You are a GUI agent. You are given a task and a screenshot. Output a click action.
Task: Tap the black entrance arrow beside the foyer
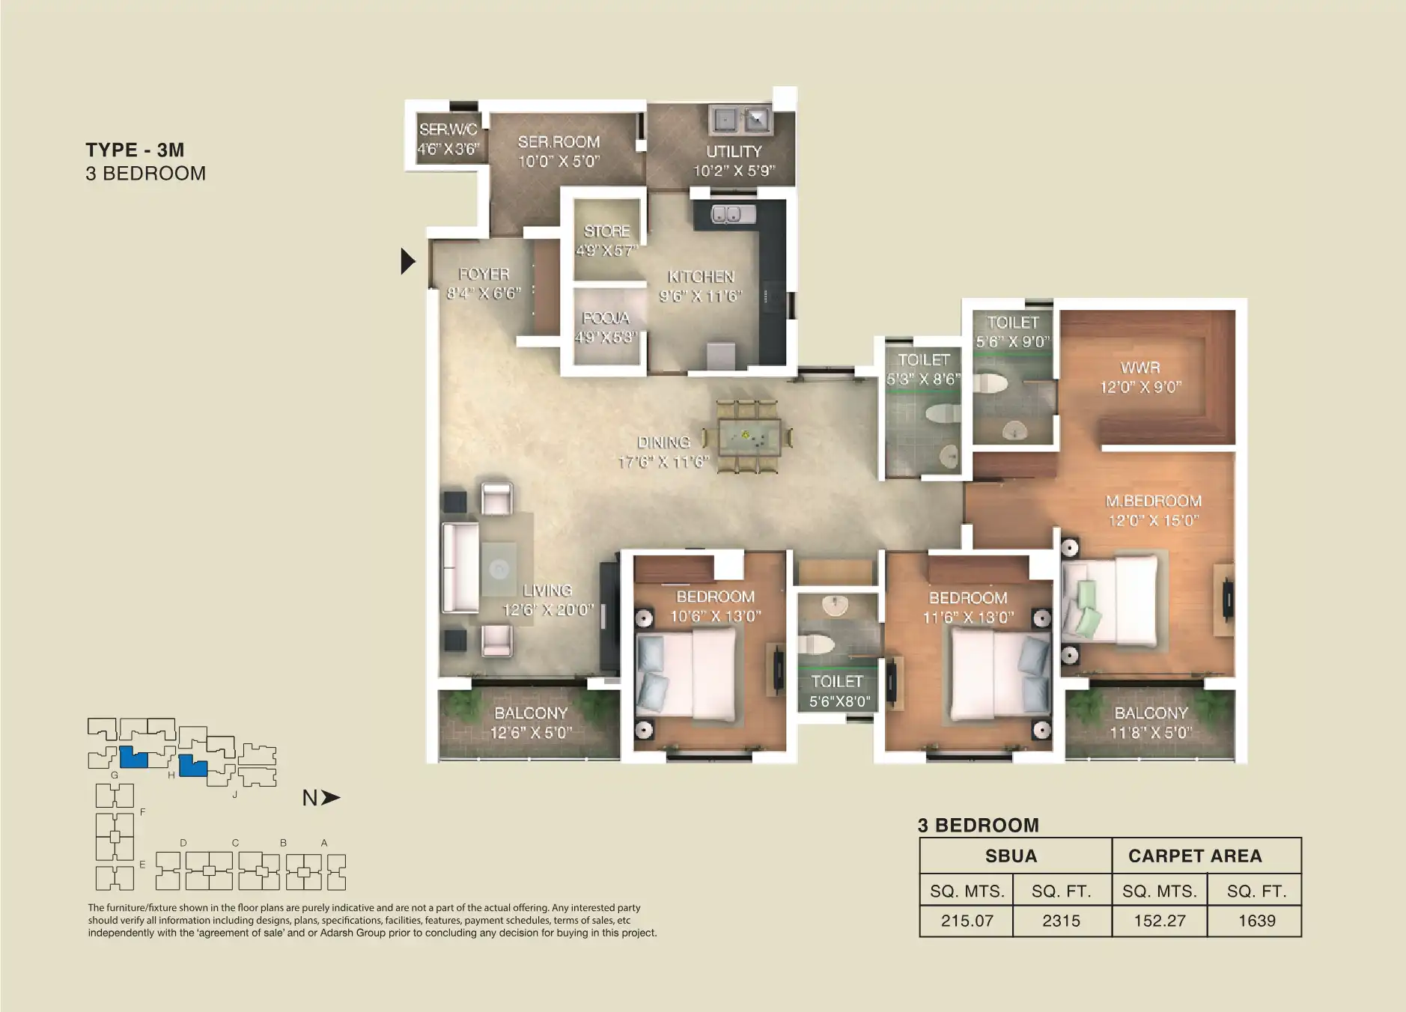pyautogui.click(x=407, y=260)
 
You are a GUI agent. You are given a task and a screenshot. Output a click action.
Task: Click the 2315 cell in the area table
pyautogui.click(x=1061, y=921)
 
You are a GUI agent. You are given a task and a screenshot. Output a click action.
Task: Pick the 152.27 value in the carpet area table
pyautogui.click(x=1159, y=921)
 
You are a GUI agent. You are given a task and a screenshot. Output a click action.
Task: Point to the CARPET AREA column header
pyautogui.click(x=1195, y=856)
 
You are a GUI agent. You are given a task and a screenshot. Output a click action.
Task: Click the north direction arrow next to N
pyautogui.click(x=330, y=798)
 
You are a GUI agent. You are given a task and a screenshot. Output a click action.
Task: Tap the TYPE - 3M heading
pyautogui.click(x=135, y=150)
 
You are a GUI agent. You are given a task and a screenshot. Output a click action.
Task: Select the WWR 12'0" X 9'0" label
pyautogui.click(x=1140, y=377)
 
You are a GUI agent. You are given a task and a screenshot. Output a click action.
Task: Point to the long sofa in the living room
pyautogui.click(x=460, y=567)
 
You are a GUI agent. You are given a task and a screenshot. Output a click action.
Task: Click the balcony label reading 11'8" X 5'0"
pyautogui.click(x=1151, y=722)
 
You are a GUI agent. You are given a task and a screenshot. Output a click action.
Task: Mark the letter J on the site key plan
pyautogui.click(x=234, y=794)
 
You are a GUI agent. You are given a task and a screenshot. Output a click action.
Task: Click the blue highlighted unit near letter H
pyautogui.click(x=193, y=768)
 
